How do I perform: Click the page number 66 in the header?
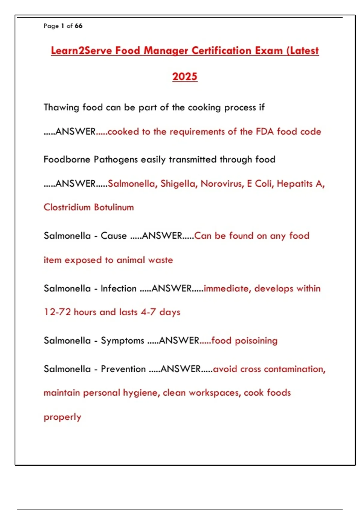(79, 26)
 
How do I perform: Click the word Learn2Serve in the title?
(81, 51)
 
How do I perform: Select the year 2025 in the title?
(185, 77)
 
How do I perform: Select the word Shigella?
(179, 184)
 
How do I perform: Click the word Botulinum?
(114, 207)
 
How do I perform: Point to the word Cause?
(114, 236)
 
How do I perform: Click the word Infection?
(118, 289)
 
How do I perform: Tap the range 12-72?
(57, 312)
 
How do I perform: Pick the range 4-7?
(148, 312)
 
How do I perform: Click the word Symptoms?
(122, 341)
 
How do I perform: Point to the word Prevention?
(123, 369)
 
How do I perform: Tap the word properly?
(62, 417)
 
